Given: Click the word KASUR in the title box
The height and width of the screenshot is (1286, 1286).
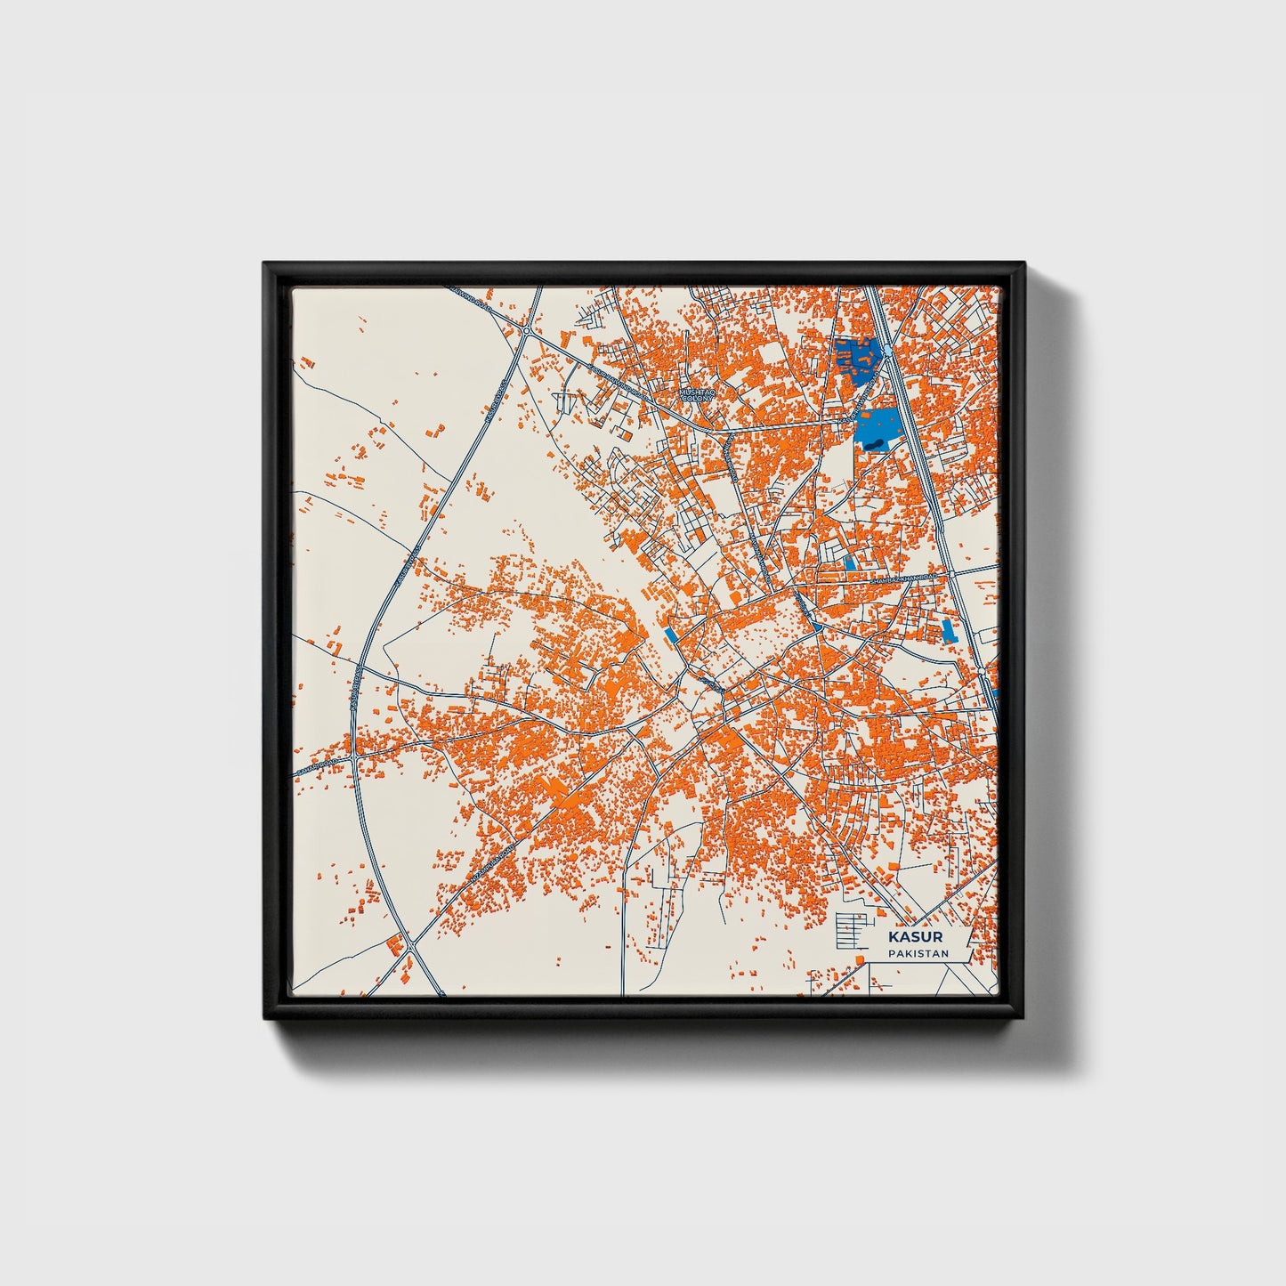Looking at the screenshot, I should point(916,937).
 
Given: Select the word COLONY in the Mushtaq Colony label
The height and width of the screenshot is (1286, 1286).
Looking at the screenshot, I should point(697,399).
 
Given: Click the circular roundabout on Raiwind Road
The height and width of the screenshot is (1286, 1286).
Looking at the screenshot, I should point(528,331).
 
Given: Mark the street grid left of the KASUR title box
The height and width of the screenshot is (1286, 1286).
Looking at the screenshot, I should point(849,930).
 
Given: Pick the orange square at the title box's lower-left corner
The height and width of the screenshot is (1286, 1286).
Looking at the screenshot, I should point(859,958).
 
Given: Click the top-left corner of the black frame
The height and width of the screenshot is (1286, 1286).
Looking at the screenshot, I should point(265,264).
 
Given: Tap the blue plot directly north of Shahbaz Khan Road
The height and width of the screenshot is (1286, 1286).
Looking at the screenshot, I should point(850,563).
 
